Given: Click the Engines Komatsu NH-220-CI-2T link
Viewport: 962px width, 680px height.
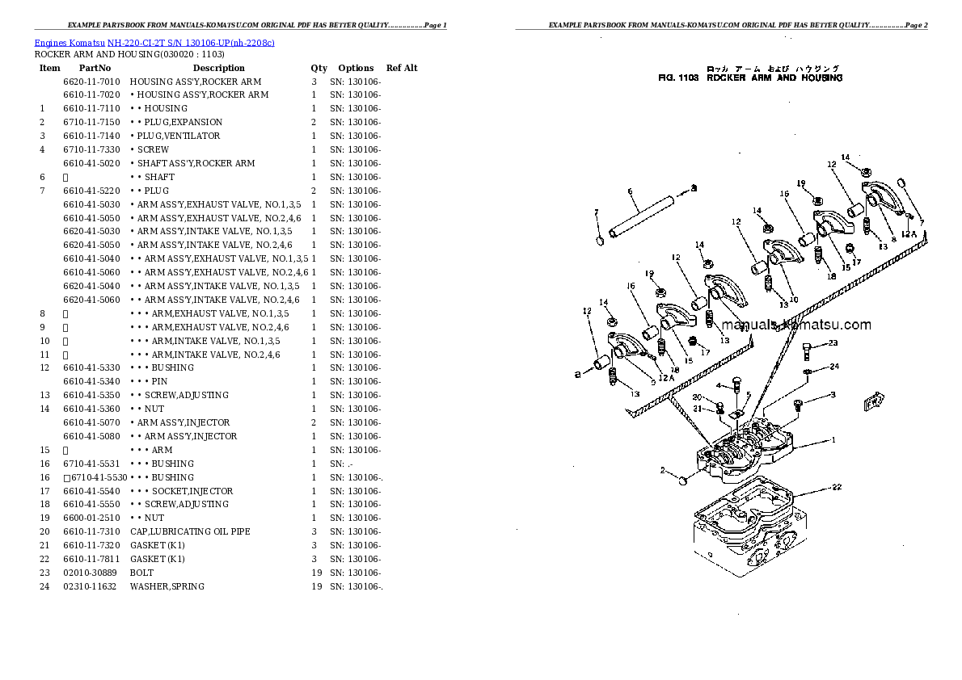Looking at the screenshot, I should [x=154, y=42].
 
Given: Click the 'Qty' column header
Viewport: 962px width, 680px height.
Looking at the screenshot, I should [x=319, y=68].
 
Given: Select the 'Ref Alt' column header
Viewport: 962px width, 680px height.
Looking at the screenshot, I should [x=402, y=68].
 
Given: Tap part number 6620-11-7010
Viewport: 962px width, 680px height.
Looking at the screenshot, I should [x=91, y=82].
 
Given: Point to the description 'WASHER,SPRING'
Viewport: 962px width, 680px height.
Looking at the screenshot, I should [x=167, y=586].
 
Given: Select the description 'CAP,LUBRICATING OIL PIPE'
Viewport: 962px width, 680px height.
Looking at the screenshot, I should [x=190, y=531].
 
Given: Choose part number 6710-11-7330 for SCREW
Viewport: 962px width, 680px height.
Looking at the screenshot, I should [x=91, y=149].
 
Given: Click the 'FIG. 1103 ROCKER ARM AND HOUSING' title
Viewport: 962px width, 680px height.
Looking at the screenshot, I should [x=750, y=78].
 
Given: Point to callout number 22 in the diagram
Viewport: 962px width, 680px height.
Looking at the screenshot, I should [x=837, y=487].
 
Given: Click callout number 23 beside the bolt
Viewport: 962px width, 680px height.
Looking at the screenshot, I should [x=833, y=343].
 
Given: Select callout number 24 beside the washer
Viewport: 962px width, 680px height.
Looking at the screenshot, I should [x=834, y=367].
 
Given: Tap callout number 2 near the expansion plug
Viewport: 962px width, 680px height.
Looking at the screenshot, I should [x=663, y=470].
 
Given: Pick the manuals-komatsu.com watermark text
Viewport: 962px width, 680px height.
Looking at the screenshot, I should [x=796, y=325].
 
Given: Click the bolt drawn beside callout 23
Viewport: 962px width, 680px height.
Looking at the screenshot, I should [x=808, y=350].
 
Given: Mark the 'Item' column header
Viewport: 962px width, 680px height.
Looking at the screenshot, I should [x=50, y=68].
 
